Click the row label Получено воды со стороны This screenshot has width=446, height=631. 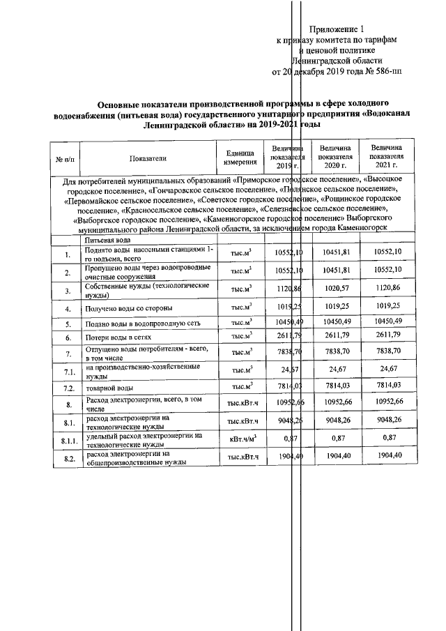128,307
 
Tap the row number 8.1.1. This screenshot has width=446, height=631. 67,440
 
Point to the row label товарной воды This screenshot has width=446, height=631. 110,388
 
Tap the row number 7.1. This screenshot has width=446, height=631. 67,370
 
